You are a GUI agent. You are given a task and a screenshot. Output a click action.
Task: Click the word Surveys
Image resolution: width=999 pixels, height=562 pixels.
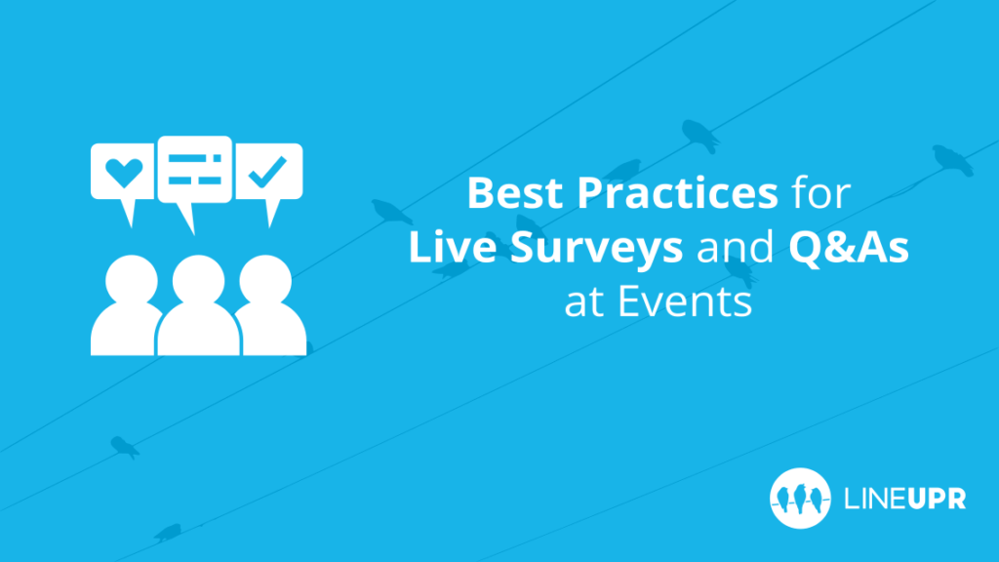pyautogui.click(x=586, y=250)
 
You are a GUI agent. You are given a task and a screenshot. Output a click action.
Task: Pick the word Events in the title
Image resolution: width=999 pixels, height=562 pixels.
pyautogui.click(x=686, y=302)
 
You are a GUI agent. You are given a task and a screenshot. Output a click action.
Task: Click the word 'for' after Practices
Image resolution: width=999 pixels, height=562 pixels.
pyautogui.click(x=819, y=193)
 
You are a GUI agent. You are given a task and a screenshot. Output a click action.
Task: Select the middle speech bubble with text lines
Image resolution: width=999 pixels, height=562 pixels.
pyautogui.click(x=194, y=168)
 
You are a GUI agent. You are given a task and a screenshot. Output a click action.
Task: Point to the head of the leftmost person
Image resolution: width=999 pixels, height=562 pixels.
pyautogui.click(x=127, y=279)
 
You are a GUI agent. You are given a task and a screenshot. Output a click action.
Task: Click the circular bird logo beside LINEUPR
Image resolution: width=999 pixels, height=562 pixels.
pyautogui.click(x=800, y=499)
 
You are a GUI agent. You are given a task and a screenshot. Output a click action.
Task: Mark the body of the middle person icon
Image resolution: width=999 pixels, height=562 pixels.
pyautogui.click(x=199, y=332)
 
